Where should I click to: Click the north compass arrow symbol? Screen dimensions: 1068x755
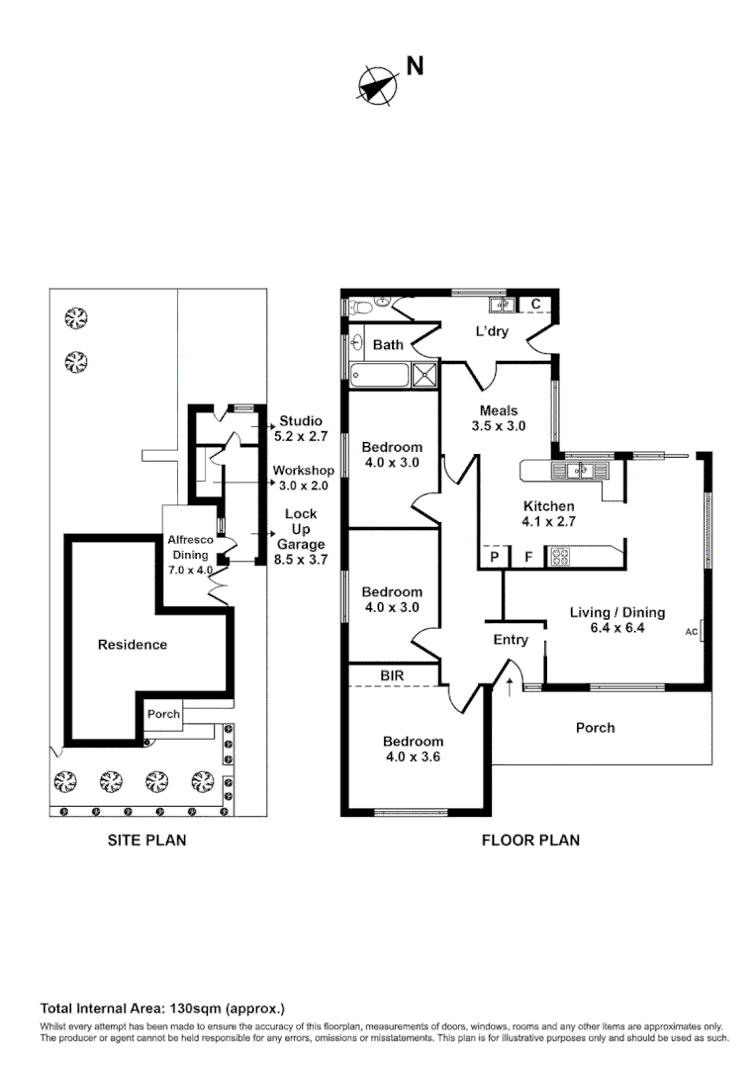pos(376,85)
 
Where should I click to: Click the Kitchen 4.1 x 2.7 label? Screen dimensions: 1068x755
pos(548,513)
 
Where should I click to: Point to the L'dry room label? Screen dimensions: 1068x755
pos(492,331)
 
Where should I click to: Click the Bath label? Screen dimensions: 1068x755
pos(388,345)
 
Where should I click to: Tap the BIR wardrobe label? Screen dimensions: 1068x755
pos(393,676)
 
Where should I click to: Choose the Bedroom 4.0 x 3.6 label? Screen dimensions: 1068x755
pos(413,749)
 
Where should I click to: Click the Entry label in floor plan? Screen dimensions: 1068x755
pos(511,640)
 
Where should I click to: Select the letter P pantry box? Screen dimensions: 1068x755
pos(492,558)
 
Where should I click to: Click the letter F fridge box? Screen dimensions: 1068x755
pos(528,558)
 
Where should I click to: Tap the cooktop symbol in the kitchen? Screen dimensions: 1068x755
pos(560,557)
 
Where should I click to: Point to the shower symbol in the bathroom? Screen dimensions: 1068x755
pos(425,375)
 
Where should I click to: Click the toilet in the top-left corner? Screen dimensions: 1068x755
pos(360,306)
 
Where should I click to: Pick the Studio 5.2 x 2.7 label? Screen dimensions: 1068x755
pos(300,427)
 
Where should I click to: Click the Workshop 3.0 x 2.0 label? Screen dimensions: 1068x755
pos(304,478)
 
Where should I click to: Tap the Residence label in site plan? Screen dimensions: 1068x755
pos(132,645)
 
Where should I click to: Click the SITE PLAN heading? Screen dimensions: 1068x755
pos(146,841)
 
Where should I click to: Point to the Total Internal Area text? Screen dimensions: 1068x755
pos(162,1009)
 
